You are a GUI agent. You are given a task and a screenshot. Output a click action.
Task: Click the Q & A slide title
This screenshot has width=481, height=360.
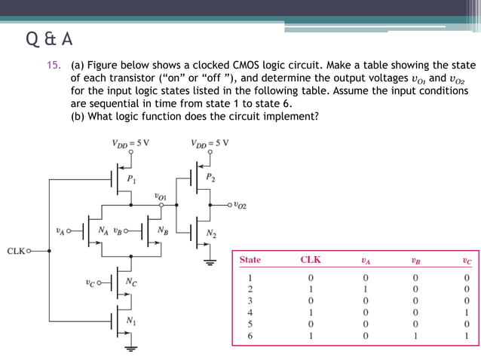[50, 38]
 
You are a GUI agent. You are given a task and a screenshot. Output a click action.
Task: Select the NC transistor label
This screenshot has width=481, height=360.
[130, 283]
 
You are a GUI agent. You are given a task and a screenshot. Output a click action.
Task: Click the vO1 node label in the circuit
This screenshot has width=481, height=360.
[161, 196]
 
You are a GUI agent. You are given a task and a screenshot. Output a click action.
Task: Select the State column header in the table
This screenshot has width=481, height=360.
[250, 260]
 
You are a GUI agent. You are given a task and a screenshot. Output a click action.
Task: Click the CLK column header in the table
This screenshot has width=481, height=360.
[311, 260]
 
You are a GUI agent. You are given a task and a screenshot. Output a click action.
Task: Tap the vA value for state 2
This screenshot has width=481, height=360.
[366, 288]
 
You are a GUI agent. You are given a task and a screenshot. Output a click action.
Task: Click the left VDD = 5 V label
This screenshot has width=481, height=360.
[130, 142]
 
